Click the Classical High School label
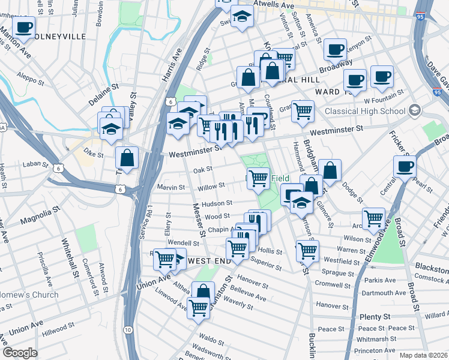click(x=364, y=112)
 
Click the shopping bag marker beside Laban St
click(x=127, y=159)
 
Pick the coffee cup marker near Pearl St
click(x=405, y=166)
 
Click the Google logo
click(x=20, y=353)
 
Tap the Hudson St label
click(x=217, y=204)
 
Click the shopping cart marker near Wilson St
click(x=373, y=219)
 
